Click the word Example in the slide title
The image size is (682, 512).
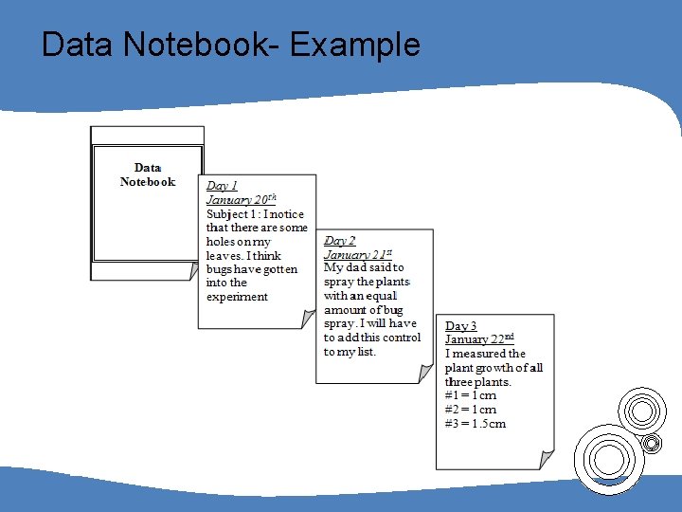(x=355, y=45)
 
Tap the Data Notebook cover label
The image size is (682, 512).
(x=148, y=174)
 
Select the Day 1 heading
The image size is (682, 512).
(x=223, y=186)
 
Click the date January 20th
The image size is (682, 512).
(x=242, y=200)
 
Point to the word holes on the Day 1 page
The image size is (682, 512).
(x=222, y=242)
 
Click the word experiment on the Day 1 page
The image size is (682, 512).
(x=237, y=297)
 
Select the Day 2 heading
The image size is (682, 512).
(x=340, y=241)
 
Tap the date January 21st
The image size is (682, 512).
(x=358, y=254)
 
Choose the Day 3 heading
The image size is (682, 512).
(x=461, y=326)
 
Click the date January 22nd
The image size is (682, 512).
(x=479, y=339)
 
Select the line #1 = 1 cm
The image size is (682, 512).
(x=471, y=395)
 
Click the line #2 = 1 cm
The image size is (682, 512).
(x=471, y=410)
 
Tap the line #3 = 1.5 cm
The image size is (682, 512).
(x=476, y=424)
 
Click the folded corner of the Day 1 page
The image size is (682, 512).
(x=308, y=320)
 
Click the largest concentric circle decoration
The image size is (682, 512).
(x=608, y=458)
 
